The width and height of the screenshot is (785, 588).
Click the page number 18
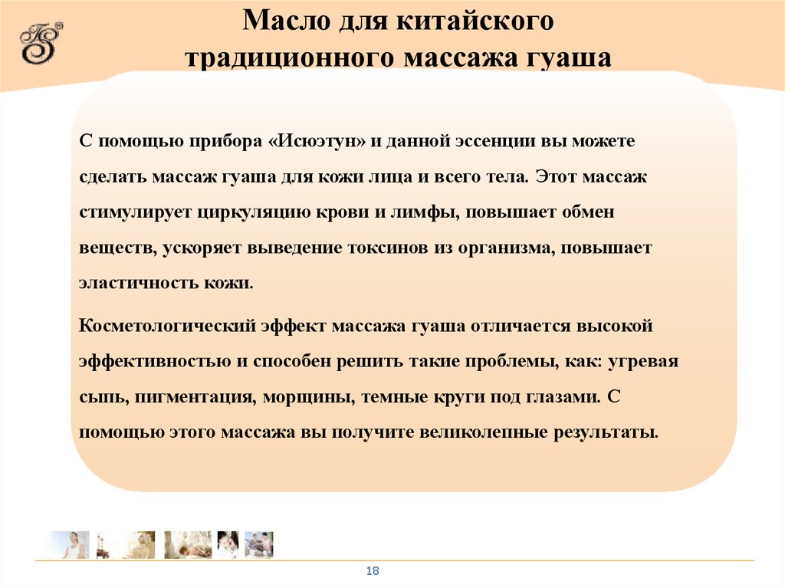[373, 571]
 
